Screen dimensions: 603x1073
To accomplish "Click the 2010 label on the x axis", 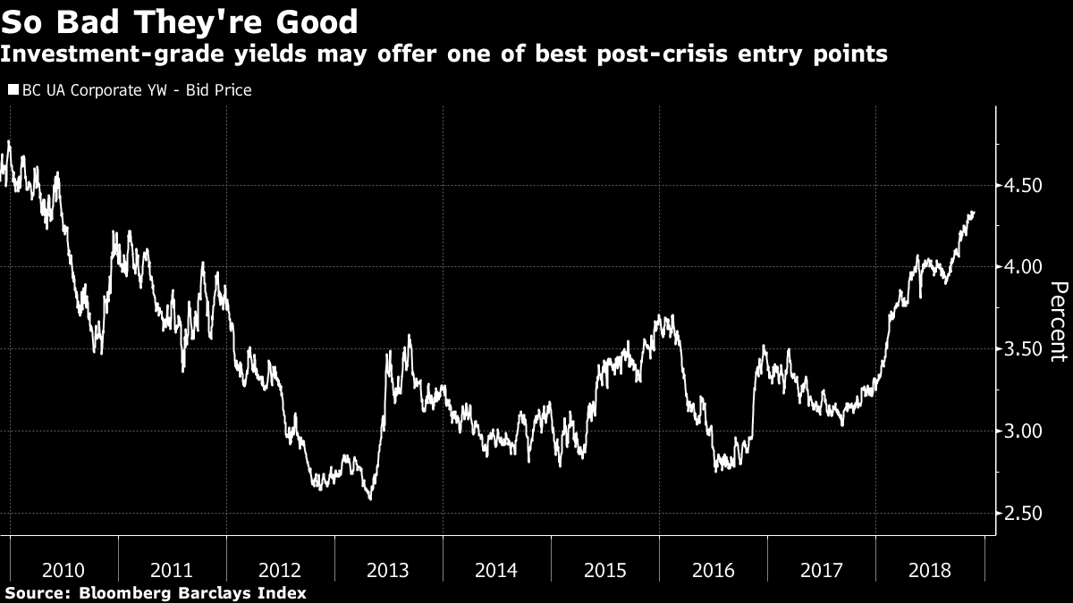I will (x=63, y=570).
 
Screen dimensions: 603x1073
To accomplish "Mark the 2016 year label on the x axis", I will (x=713, y=570).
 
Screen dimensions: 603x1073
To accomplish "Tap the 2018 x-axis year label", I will (x=930, y=570).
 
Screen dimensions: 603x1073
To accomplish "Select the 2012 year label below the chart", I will (x=280, y=570).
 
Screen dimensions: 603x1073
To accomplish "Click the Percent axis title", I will (x=1058, y=322).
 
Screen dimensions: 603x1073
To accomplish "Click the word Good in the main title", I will (x=315, y=21).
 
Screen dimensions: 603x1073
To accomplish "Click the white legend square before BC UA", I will (x=13, y=90).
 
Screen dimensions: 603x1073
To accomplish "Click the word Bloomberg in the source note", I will (x=123, y=593).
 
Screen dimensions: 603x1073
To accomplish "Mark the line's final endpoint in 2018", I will (x=974, y=213).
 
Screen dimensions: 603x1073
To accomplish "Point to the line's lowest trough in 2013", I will (x=370, y=498).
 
